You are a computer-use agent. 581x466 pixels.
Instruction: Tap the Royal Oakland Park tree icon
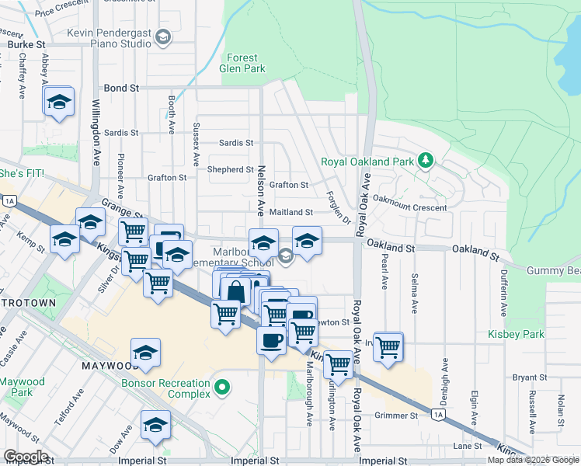424,161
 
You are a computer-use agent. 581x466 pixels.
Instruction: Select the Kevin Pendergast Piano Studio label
109,38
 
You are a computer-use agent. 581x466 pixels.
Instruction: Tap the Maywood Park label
23,387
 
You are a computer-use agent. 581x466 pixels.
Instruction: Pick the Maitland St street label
291,212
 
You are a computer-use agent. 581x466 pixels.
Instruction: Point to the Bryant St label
531,377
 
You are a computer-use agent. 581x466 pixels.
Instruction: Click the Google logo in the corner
26,457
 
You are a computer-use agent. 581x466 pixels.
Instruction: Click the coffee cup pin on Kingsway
271,340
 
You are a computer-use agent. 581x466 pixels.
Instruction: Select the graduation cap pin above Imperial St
155,425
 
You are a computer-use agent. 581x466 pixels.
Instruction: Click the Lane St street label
468,447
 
